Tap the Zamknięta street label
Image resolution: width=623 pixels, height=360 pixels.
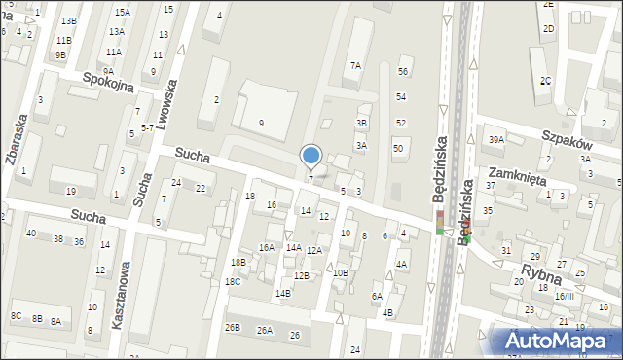(517, 179)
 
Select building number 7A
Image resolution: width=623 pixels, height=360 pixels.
(356, 66)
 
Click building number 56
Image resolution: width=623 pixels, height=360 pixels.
(403, 72)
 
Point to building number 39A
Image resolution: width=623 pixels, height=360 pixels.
(496, 140)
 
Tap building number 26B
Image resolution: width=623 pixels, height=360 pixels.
(232, 328)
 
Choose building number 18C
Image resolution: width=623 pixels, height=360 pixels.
(233, 282)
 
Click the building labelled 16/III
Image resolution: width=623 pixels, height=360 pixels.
(564, 296)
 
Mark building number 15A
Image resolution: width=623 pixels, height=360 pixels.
(122, 13)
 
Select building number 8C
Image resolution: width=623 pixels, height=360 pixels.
(16, 316)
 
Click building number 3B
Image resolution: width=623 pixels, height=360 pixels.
(361, 124)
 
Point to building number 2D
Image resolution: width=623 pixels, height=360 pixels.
(549, 29)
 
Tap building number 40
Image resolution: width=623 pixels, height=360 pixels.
(31, 234)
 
